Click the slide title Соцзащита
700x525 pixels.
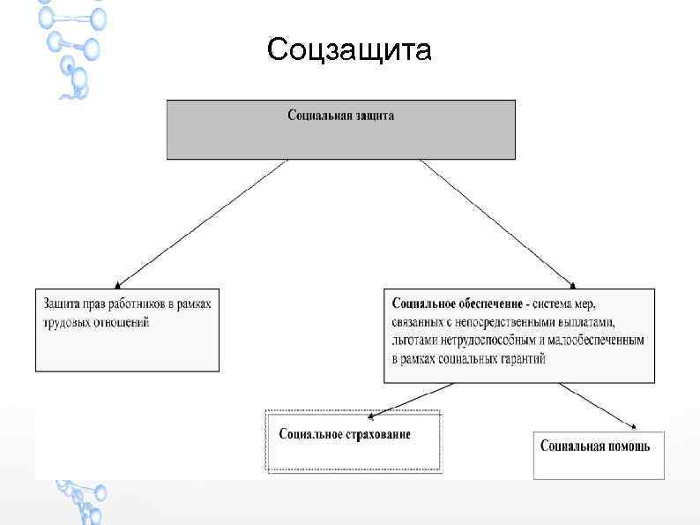point(350,50)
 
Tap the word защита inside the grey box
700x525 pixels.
point(375,116)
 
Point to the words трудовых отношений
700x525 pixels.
point(96,322)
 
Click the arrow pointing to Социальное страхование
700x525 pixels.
point(412,398)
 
